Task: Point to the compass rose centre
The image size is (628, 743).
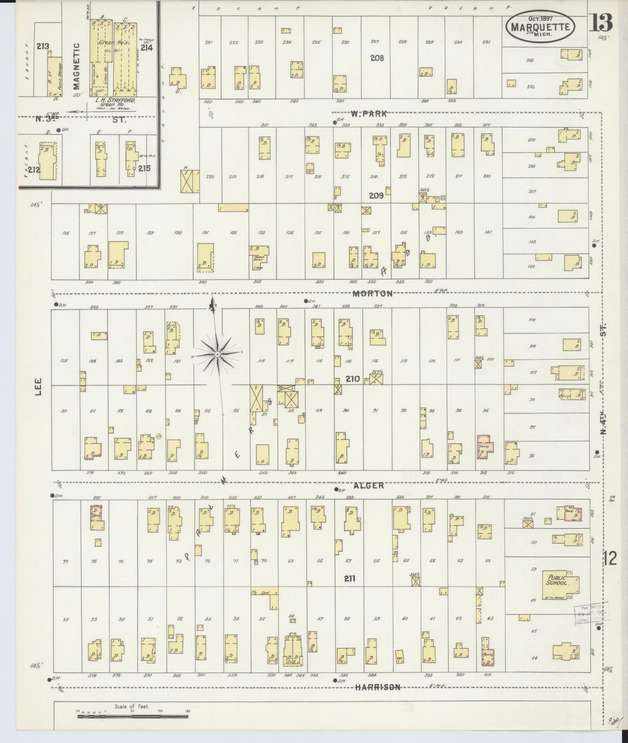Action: [x=217, y=354]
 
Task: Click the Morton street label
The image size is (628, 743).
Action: [x=373, y=293]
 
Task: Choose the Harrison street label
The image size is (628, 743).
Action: [x=378, y=687]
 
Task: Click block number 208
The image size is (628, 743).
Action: [x=377, y=58]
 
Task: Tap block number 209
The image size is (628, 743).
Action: [x=376, y=195]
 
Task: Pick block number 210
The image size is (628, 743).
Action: [x=353, y=379]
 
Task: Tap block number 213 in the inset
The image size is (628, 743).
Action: [x=43, y=47]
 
